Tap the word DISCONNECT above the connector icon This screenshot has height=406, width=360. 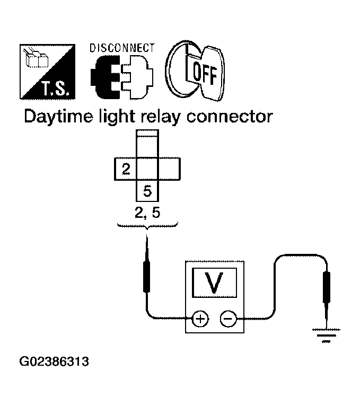pos(122,48)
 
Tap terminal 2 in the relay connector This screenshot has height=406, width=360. pos(126,170)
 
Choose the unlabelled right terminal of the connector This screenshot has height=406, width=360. pos(170,170)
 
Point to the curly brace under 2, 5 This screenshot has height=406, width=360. pos(146,226)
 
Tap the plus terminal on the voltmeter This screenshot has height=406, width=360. pos(200,319)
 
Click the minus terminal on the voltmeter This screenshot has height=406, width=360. pos(228,319)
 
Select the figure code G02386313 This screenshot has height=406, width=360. pos(54,363)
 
